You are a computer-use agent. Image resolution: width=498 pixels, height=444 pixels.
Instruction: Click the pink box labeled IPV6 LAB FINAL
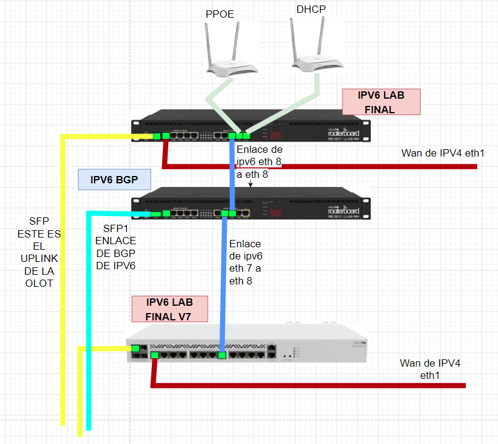point(380,102)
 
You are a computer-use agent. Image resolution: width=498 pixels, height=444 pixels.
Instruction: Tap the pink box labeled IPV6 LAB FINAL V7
point(169,309)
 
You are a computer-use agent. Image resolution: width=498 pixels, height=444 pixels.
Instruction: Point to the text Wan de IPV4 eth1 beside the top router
point(442,152)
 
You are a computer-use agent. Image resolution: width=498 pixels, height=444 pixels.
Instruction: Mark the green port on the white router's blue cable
point(222,354)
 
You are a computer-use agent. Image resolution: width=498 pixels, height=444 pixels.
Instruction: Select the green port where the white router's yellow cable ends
point(134,348)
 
